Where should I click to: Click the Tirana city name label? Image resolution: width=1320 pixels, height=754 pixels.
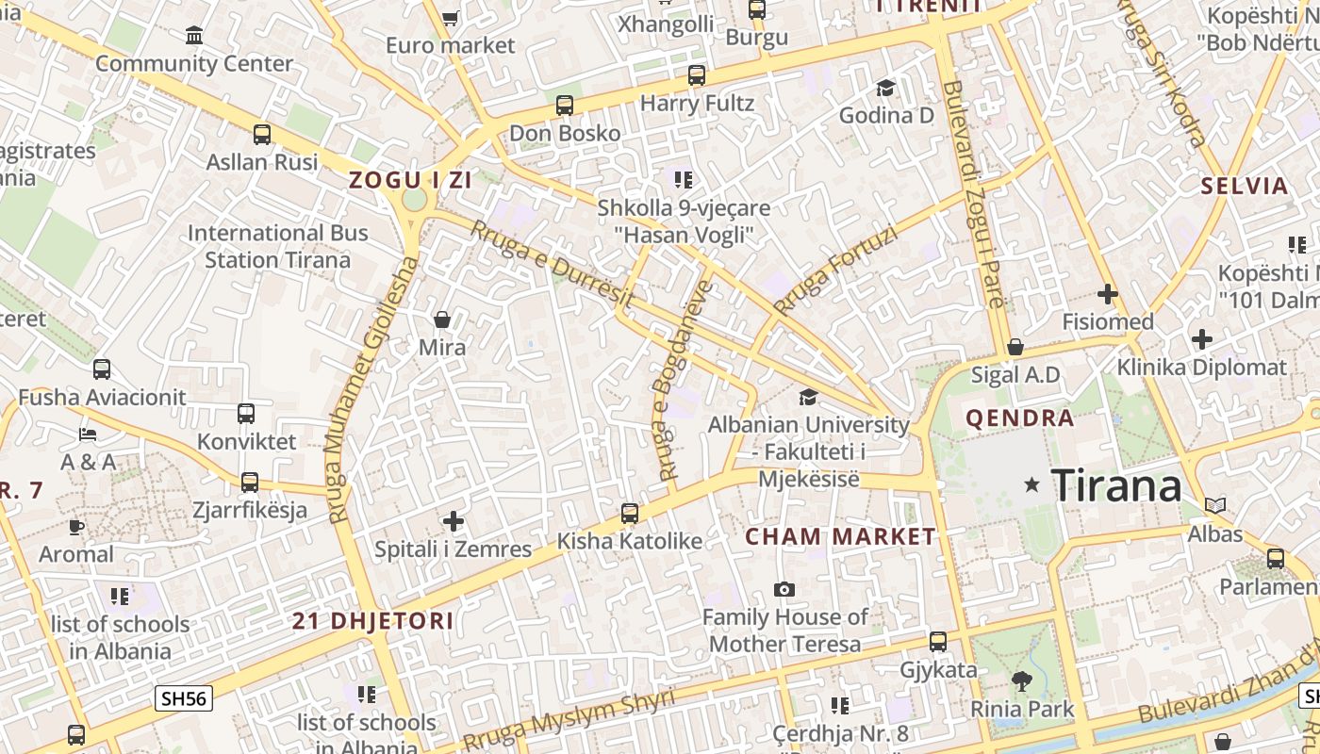(1115, 485)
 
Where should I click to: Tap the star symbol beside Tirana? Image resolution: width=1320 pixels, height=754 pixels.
(1032, 484)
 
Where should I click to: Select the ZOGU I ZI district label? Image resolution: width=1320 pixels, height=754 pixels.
(410, 180)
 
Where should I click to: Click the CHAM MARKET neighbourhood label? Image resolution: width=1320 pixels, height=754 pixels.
(841, 537)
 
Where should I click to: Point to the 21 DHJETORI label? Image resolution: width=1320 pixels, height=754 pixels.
(372, 621)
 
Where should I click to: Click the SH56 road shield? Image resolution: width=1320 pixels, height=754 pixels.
(185, 698)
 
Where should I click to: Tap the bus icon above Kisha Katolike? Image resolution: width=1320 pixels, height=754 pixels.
(630, 514)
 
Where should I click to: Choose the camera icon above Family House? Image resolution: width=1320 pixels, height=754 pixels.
(784, 590)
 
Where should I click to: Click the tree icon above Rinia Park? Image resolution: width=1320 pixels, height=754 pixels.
(1021, 680)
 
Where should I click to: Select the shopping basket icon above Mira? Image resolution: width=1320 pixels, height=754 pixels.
(441, 320)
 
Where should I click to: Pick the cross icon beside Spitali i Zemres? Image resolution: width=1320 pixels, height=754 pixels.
(454, 520)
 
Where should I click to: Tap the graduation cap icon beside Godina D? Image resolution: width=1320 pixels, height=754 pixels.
(885, 88)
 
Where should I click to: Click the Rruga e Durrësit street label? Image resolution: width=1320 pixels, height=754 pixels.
(552, 264)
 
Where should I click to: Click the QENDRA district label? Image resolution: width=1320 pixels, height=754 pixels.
(1020, 418)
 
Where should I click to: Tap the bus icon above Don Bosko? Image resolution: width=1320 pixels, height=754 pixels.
(565, 106)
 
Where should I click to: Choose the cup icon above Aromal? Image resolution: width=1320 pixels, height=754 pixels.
(75, 527)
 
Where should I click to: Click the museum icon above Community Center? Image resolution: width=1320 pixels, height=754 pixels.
(194, 36)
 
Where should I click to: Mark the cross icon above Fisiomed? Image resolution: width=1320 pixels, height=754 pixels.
(1108, 294)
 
